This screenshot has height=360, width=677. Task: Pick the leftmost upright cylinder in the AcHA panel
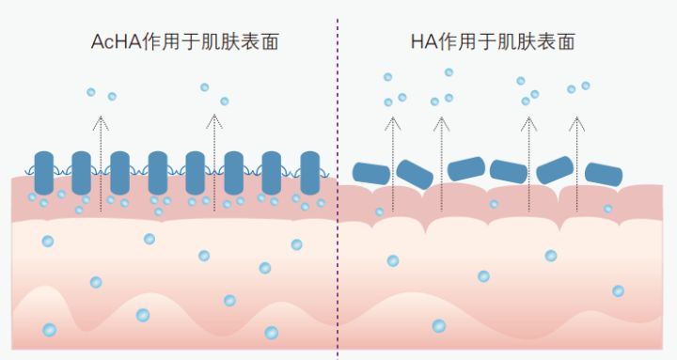[44, 173]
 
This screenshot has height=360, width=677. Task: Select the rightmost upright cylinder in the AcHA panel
[309, 173]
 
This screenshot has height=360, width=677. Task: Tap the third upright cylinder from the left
[119, 173]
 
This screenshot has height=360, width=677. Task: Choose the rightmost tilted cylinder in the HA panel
[604, 174]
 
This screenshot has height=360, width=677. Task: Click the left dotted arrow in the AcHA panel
[101, 150]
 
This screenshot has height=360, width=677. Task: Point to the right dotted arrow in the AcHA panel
[213, 150]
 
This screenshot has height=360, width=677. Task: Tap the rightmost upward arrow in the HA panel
[576, 150]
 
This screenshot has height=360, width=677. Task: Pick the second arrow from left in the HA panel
[439, 150]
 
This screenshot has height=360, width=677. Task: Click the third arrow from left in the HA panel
[529, 150]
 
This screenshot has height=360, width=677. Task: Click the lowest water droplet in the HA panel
[438, 326]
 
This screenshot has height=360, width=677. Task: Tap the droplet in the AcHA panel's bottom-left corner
[49, 330]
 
